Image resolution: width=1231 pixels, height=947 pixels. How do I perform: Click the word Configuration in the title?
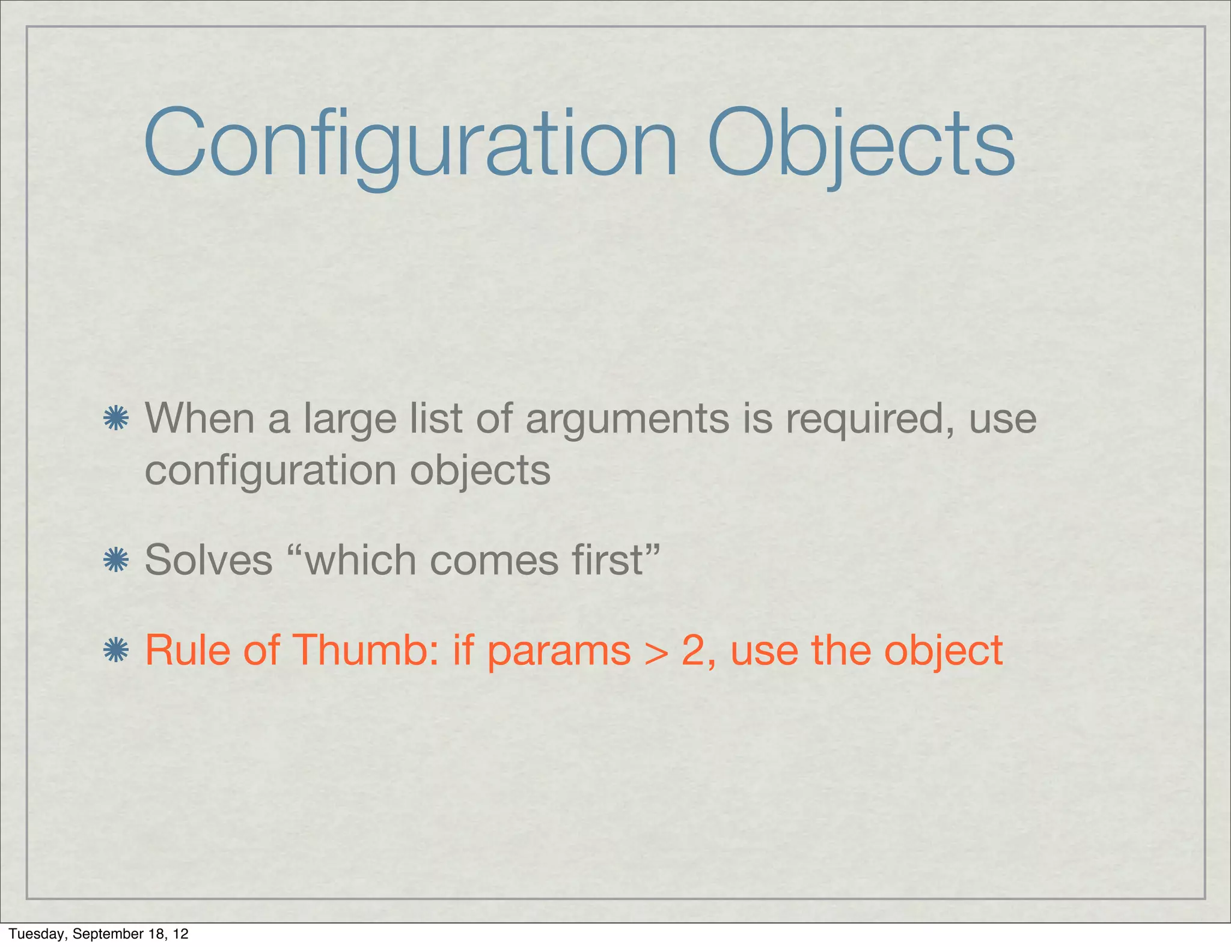point(411,144)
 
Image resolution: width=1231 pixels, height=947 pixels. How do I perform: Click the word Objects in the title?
point(861,144)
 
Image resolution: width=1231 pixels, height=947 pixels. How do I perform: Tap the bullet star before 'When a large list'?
point(115,418)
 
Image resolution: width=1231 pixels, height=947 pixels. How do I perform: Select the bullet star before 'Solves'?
point(115,560)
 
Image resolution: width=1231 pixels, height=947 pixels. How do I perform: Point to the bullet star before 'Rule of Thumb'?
point(115,650)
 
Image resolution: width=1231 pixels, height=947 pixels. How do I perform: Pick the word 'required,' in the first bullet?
point(870,419)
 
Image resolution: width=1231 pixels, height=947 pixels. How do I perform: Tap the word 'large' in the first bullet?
point(350,419)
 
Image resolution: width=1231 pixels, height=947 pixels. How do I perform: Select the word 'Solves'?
point(209,560)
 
